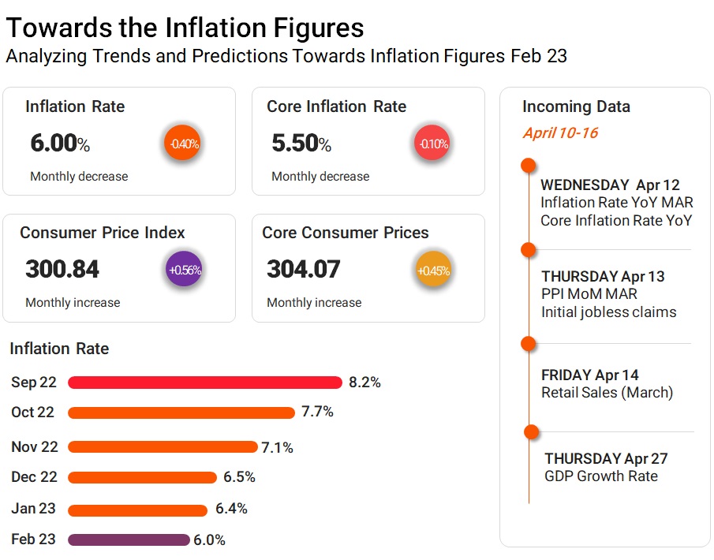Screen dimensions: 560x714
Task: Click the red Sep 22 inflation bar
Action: [205, 383]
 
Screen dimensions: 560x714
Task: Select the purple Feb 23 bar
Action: [129, 540]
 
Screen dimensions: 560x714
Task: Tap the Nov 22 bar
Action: [163, 447]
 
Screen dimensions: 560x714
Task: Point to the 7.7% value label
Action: [317, 412]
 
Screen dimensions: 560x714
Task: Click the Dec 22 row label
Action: [34, 477]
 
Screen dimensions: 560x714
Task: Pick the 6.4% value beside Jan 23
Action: [231, 509]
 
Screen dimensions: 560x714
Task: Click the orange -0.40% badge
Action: [183, 144]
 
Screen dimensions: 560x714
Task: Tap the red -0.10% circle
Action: [432, 144]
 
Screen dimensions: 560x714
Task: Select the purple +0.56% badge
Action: [185, 270]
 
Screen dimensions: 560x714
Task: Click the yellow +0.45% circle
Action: [433, 271]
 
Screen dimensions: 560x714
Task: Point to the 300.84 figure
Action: [62, 270]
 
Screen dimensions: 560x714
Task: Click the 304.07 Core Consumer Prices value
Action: [304, 270]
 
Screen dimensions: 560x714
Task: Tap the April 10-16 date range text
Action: [560, 133]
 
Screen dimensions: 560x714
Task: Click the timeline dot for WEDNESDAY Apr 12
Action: [529, 166]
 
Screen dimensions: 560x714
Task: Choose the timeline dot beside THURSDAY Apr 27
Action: [531, 431]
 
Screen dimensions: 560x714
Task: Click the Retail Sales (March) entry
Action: [607, 393]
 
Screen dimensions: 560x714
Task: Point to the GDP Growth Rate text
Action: [600, 476]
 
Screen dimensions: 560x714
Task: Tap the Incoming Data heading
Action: [576, 106]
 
